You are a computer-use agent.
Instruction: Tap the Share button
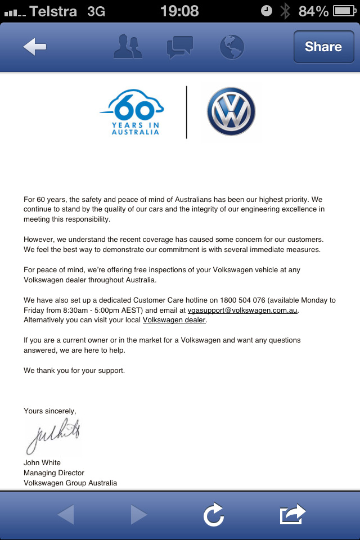(323, 47)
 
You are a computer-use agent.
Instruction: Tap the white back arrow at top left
(35, 47)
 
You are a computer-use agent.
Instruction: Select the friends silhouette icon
(128, 47)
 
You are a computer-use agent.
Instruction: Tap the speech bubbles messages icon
(180, 47)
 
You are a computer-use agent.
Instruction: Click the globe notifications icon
(232, 47)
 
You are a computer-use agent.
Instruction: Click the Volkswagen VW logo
(231, 111)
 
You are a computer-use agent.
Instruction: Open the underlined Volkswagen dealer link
(175, 320)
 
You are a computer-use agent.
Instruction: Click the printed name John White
(42, 463)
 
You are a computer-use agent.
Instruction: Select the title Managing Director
(54, 473)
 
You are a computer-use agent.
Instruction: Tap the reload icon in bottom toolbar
(214, 514)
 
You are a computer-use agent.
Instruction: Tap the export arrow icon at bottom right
(292, 514)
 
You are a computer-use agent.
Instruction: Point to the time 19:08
(179, 11)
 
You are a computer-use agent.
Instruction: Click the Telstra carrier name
(53, 11)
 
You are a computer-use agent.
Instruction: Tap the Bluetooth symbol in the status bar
(286, 11)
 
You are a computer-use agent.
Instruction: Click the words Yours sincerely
(49, 411)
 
